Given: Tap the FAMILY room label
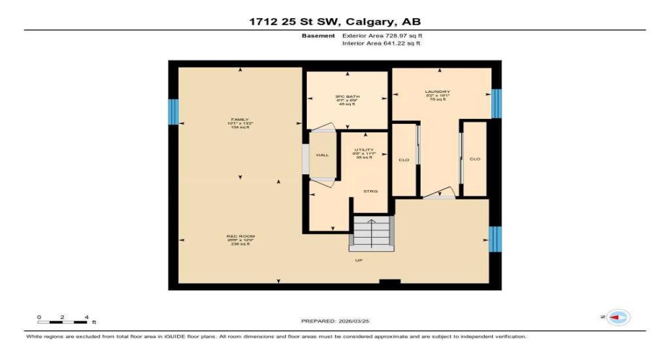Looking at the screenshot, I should [239, 119].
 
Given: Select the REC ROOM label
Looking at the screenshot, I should [239, 236].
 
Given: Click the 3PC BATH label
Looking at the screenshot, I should [347, 96].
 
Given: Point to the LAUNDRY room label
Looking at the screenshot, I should [442, 91].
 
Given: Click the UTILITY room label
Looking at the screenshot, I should [364, 149].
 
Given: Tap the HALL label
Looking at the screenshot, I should [322, 155].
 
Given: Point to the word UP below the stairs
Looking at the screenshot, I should [358, 261].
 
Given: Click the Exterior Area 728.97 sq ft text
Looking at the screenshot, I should [382, 35].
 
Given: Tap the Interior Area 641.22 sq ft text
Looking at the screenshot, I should [382, 44].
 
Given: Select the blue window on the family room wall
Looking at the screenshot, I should [172, 112].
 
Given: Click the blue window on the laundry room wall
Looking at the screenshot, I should [496, 103].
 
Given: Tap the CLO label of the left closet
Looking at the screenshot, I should [404, 159].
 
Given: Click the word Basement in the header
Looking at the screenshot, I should [318, 35].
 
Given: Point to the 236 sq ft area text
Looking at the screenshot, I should [239, 244].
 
